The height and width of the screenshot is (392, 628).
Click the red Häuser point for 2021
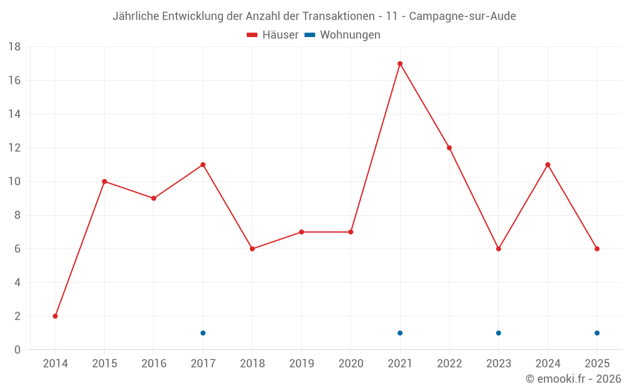tap(400, 63)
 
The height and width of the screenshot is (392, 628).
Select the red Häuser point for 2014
tap(55, 316)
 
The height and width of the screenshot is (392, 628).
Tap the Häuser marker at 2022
tap(449, 148)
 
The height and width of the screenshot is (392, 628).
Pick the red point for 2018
tap(252, 249)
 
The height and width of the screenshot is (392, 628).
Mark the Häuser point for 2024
tap(548, 165)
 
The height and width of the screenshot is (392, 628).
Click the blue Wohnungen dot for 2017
tap(203, 333)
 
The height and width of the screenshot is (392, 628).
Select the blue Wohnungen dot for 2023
tap(499, 333)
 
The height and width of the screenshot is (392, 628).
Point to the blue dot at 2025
tap(597, 333)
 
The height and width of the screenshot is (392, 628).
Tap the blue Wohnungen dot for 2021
tap(400, 333)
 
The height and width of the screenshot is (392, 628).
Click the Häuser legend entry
tap(273, 35)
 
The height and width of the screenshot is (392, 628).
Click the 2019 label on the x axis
tap(301, 364)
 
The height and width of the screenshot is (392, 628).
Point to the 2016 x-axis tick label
tap(154, 364)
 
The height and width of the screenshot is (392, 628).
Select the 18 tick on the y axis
tap(14, 47)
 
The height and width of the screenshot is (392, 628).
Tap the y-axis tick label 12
tap(14, 148)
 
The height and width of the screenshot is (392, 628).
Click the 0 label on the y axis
tap(18, 350)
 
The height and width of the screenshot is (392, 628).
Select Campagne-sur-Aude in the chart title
tap(462, 16)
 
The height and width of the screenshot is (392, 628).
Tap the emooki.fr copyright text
tap(573, 379)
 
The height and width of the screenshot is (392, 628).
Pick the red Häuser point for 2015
tap(104, 182)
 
